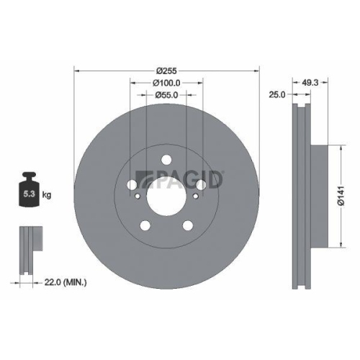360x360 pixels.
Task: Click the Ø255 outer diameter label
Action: pyautogui.click(x=166, y=70)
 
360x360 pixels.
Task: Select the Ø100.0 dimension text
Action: pyautogui.click(x=166, y=84)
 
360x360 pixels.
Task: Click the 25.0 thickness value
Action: pyautogui.click(x=279, y=94)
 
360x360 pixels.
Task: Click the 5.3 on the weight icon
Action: pyautogui.click(x=29, y=194)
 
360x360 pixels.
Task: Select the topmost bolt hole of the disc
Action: pyautogui.click(x=166, y=160)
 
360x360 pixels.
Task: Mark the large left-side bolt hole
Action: pyautogui.click(x=132, y=184)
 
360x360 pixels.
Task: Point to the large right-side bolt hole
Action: pyautogui.click(x=201, y=184)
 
